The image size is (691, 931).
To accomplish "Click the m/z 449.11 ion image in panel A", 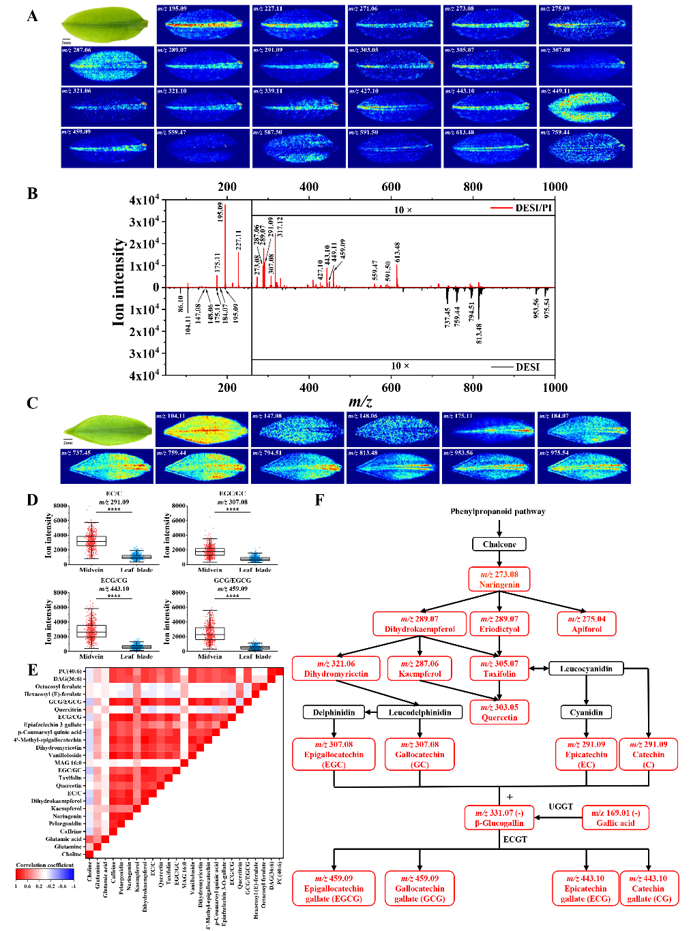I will [x=585, y=107].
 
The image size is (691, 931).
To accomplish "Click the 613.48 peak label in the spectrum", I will [x=397, y=251].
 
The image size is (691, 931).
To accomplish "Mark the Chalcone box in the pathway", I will [x=499, y=544].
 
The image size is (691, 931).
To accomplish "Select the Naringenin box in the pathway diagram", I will [x=499, y=579].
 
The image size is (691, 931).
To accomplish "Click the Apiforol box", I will [x=587, y=624].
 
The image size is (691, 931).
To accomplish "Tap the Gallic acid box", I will [x=615, y=818].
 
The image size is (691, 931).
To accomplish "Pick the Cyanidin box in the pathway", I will [x=587, y=712].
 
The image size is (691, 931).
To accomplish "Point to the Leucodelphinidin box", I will [x=420, y=712].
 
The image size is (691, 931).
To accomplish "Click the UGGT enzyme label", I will [x=561, y=806].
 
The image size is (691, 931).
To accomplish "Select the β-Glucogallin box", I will [x=499, y=818].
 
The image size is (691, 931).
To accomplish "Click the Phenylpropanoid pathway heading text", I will [x=498, y=511].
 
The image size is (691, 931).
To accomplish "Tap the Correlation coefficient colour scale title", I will [x=45, y=865].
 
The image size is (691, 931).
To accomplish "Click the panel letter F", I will [x=319, y=500].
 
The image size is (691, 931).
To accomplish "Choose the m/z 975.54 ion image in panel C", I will [x=584, y=466].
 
